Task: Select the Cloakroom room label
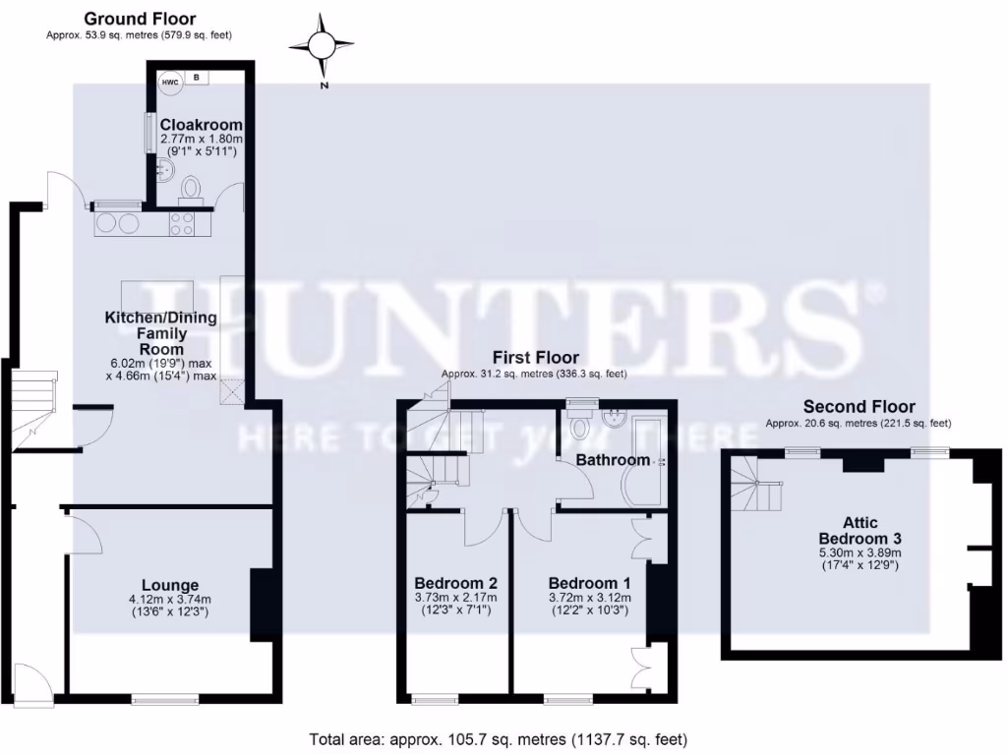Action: click(202, 125)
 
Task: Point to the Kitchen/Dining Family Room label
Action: click(160, 333)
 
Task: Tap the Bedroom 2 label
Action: click(455, 581)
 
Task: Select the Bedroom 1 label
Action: click(589, 581)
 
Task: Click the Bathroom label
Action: click(613, 459)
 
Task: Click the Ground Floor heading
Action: click(139, 19)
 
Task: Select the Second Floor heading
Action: click(859, 406)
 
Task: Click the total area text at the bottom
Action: click(498, 738)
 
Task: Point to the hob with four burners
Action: click(182, 225)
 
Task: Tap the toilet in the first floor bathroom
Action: click(579, 428)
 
